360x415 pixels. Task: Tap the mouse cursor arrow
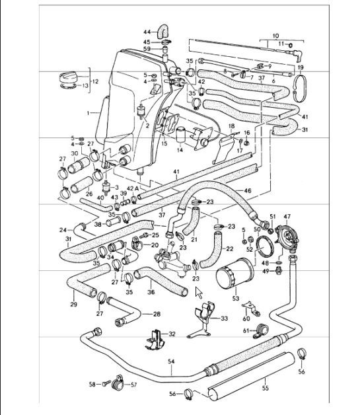click(x=198, y=291)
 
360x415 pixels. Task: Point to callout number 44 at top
click(x=147, y=31)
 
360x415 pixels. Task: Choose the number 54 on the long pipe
click(x=171, y=361)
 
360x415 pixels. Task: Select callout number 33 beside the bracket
click(x=224, y=319)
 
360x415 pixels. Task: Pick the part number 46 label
click(x=247, y=190)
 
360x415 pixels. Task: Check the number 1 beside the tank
click(x=88, y=114)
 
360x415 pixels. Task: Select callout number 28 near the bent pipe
click(x=157, y=314)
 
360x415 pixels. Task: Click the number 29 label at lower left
click(x=73, y=305)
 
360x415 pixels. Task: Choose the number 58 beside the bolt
click(x=92, y=383)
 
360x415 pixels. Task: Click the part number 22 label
click(x=229, y=248)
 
